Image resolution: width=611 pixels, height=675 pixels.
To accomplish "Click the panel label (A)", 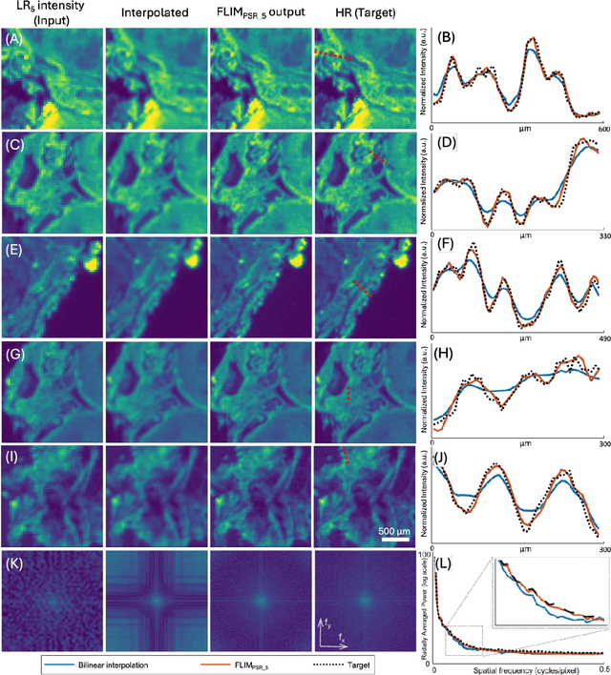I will click(12, 39).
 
